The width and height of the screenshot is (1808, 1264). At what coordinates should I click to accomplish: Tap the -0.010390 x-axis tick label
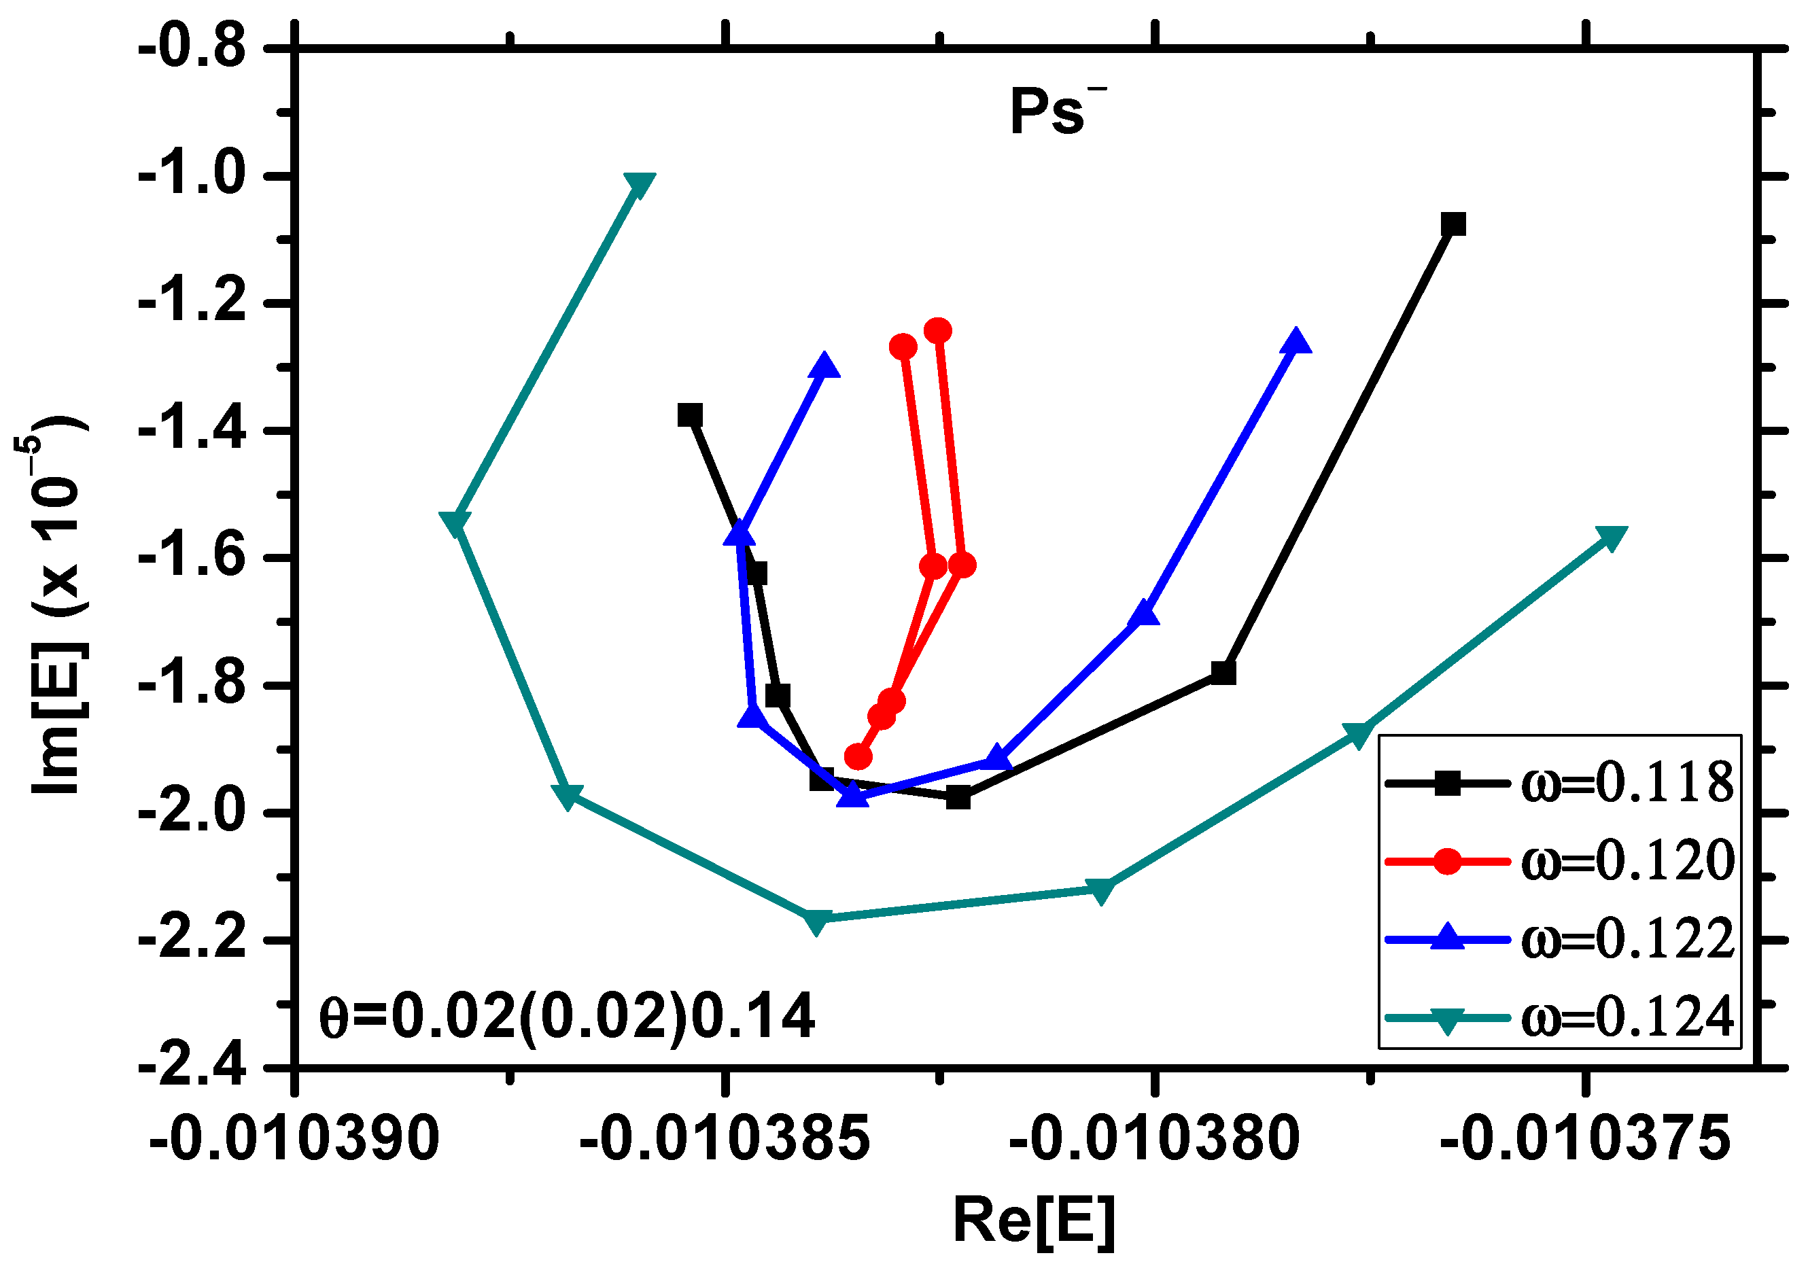point(294,1139)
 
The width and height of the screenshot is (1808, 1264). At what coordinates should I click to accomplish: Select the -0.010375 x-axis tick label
point(1585,1139)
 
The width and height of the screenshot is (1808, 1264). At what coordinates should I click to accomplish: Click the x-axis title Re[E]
point(1034,1221)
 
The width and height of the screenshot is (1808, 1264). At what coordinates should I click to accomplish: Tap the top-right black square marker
point(1453,224)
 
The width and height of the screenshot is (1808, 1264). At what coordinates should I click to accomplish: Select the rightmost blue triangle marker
point(1296,342)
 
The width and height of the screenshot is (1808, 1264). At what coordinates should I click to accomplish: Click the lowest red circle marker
point(858,757)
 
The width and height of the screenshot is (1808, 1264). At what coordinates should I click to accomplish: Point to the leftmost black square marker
point(691,415)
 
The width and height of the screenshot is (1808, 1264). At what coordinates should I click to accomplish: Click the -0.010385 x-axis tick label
point(725,1139)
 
